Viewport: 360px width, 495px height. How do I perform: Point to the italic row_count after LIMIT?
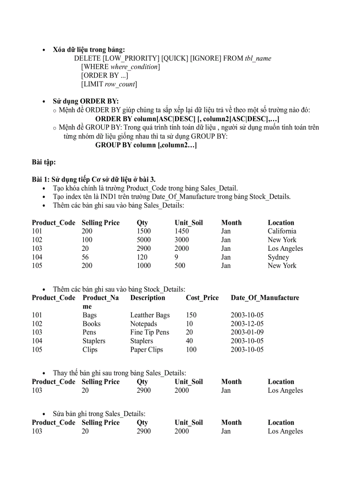click(120, 84)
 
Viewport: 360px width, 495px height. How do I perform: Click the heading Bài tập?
click(44, 162)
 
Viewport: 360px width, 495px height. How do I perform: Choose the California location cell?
click(282, 231)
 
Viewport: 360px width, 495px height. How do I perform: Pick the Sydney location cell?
click(278, 257)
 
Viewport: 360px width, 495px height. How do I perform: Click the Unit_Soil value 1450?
click(182, 231)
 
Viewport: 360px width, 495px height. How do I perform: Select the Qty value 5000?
click(144, 240)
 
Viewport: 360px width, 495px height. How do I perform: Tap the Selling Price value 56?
click(85, 257)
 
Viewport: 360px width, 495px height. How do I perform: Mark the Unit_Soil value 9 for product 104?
click(176, 257)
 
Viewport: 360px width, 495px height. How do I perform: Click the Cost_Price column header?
click(202, 298)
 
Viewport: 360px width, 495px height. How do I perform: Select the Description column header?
click(148, 298)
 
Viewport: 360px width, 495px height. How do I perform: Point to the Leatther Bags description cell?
click(150, 315)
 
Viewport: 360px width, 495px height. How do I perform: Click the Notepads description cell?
click(144, 324)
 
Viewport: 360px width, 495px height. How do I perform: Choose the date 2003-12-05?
click(247, 324)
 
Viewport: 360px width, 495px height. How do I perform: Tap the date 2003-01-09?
click(247, 332)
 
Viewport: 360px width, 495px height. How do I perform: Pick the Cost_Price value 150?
click(191, 315)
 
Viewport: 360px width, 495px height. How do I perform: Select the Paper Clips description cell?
click(146, 350)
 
